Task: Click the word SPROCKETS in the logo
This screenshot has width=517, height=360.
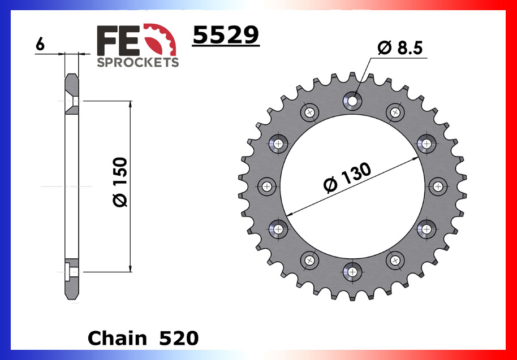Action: [x=137, y=62]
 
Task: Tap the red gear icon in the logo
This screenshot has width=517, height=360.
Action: [x=165, y=39]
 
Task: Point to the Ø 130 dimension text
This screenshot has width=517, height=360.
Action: [x=347, y=178]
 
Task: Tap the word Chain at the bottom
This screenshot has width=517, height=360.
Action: [x=117, y=338]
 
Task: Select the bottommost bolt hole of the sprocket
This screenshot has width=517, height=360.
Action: [x=352, y=271]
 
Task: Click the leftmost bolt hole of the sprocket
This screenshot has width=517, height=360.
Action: [x=267, y=186]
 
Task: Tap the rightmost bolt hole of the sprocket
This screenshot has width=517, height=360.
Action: [x=438, y=186]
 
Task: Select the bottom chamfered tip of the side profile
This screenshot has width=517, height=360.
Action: [x=72, y=297]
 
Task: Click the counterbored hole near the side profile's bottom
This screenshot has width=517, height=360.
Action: [x=70, y=272]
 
